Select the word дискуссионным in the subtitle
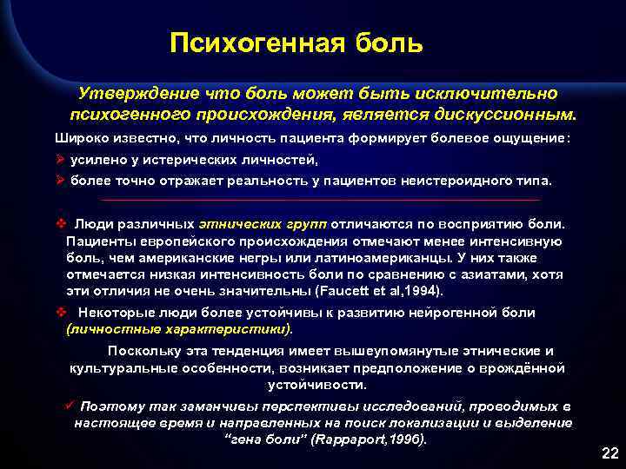[510, 114]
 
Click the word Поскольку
[143, 351]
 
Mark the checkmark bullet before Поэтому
[69, 406]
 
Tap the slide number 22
[608, 453]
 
